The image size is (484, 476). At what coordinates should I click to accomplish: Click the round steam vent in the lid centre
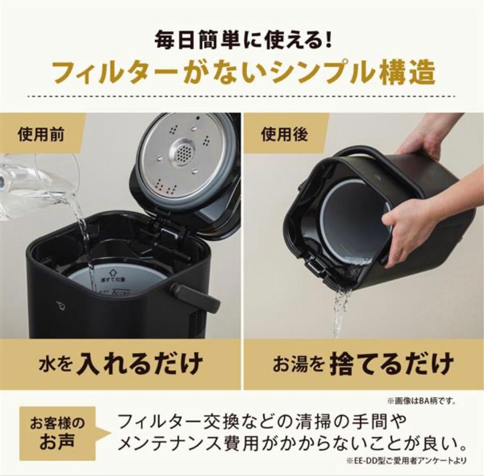(184, 154)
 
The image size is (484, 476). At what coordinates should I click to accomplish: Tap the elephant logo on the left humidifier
(60, 305)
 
